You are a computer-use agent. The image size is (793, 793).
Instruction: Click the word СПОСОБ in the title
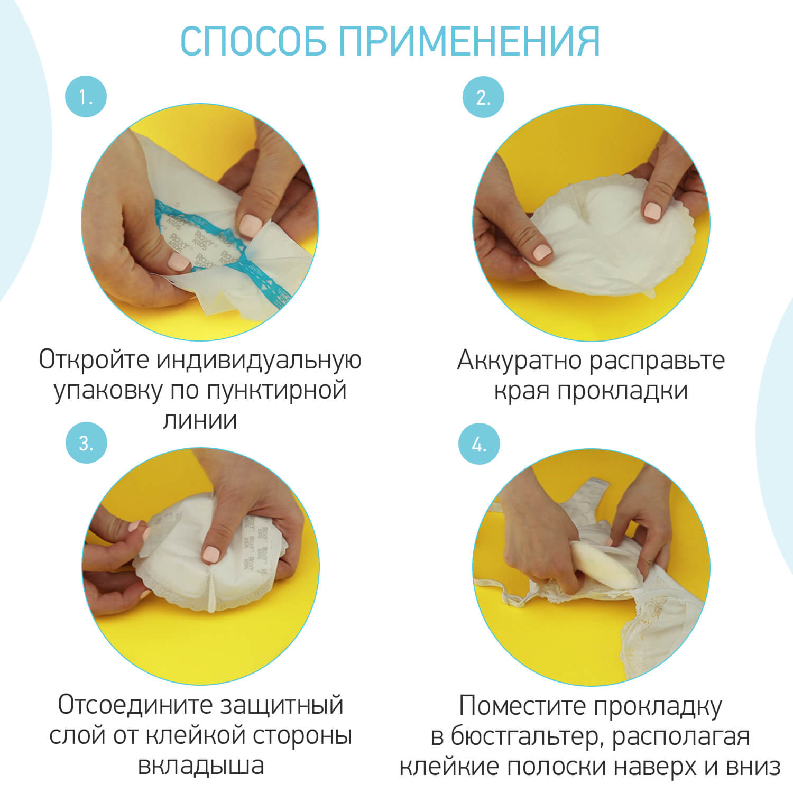[x=253, y=41]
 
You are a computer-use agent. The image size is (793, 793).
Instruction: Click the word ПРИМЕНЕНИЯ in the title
[x=469, y=41]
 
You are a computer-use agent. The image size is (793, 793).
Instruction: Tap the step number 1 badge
[x=86, y=97]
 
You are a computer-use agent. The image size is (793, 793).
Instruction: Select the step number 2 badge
[x=483, y=97]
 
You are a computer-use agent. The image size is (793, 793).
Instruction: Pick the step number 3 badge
[x=86, y=443]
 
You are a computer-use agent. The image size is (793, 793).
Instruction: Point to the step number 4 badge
[x=478, y=444]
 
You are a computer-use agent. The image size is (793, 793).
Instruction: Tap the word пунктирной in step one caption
[x=276, y=391]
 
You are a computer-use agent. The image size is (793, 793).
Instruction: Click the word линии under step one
[x=200, y=420]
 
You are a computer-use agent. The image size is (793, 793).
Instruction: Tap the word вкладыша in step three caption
[x=200, y=766]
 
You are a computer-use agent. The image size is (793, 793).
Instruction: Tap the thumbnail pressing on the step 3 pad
[x=211, y=554]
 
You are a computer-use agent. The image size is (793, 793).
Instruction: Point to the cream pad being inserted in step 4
[x=603, y=568]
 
